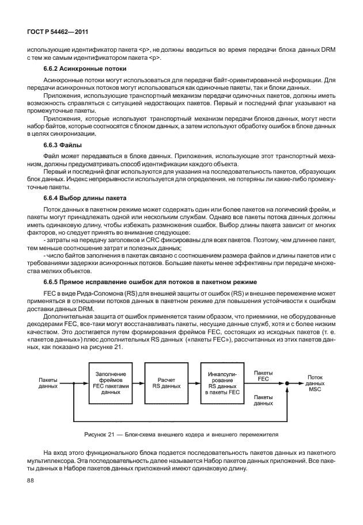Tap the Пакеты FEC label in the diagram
tap(263, 376)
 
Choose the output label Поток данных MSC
tap(315, 384)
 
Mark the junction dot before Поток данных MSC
tap(285, 384)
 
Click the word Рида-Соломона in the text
tap(85, 293)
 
